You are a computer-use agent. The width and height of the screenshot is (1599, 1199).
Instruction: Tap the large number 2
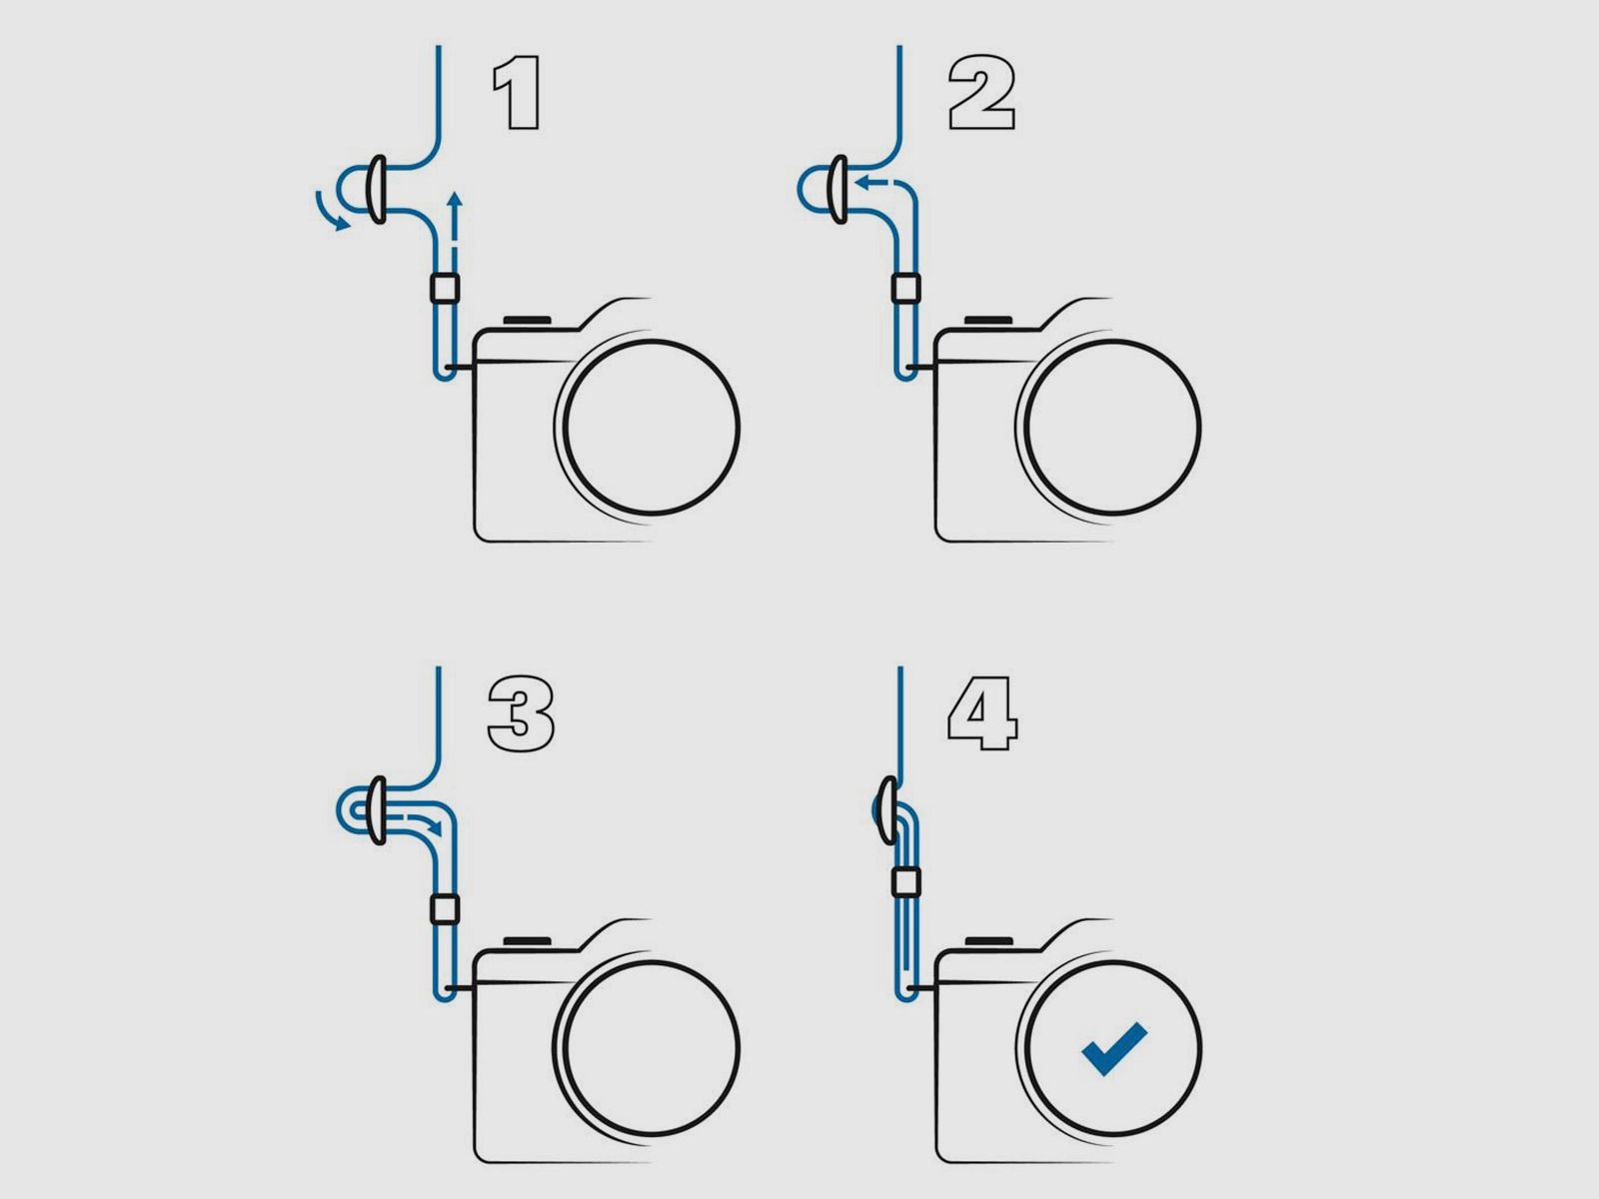(982, 93)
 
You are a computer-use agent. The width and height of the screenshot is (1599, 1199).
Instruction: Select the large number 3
(520, 714)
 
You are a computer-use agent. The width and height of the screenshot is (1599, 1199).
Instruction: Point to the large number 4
(982, 713)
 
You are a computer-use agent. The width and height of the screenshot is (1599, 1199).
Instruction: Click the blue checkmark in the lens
(1113, 1048)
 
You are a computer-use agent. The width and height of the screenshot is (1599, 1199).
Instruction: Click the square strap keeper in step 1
(445, 288)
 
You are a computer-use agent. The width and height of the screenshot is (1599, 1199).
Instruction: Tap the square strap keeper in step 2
(905, 288)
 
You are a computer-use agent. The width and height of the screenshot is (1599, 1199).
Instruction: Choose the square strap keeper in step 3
(445, 908)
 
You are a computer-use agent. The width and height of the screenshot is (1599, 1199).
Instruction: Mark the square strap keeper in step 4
(905, 883)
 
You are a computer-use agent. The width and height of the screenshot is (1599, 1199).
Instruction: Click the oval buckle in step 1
(378, 189)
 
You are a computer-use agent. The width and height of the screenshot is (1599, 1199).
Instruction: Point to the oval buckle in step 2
(838, 189)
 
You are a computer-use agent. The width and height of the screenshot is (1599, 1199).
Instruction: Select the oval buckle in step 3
(378, 810)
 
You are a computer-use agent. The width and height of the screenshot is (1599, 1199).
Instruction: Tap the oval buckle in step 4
(888, 810)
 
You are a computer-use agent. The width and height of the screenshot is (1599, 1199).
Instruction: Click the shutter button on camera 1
(527, 320)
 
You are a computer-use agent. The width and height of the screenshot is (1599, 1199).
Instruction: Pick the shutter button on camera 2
(987, 320)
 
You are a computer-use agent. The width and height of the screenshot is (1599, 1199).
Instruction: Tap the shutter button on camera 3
(527, 940)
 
